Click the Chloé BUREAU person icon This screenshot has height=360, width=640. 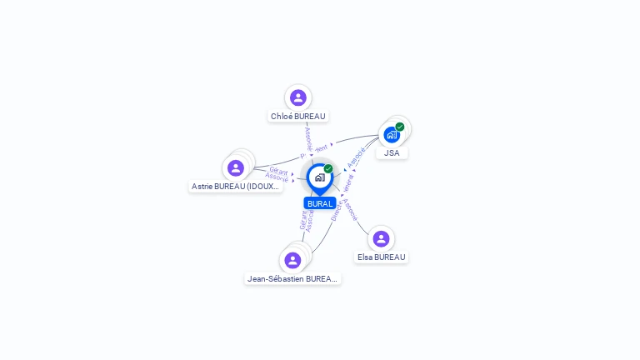(298, 97)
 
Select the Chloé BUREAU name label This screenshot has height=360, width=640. (298, 117)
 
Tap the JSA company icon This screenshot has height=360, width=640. (392, 134)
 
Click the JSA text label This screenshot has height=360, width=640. (392, 153)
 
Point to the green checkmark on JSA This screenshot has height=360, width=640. (400, 127)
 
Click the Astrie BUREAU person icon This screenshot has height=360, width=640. (236, 167)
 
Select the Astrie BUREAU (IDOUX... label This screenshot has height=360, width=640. (236, 187)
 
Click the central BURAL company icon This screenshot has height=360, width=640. (319, 177)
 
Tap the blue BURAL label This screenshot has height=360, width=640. (320, 203)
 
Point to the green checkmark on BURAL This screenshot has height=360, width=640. (328, 169)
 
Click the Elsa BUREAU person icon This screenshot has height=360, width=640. (381, 238)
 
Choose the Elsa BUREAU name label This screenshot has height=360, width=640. (381, 257)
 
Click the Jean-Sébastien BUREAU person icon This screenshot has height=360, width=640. (292, 260)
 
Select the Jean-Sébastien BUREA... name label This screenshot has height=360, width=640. (292, 278)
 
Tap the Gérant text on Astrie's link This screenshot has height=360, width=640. (278, 170)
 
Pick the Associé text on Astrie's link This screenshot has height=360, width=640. (277, 177)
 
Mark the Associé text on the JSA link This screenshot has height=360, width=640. (357, 157)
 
